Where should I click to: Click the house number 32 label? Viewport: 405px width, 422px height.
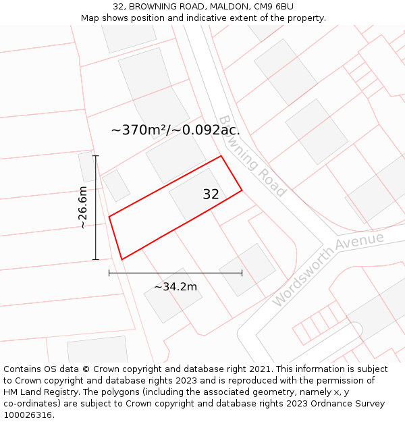[x=211, y=194]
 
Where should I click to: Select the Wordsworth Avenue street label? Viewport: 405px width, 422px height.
[x=328, y=269]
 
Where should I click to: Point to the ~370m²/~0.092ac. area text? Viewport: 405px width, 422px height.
[x=175, y=130]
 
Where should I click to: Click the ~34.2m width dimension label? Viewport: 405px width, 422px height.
[x=175, y=287]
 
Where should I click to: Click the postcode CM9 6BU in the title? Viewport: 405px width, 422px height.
[x=274, y=7]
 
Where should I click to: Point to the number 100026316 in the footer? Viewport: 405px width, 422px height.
[x=28, y=415]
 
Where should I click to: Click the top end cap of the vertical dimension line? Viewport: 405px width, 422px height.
[x=96, y=156]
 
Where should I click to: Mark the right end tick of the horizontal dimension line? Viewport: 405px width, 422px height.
[x=242, y=273]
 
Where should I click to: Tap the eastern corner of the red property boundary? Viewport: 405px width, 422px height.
[x=242, y=190]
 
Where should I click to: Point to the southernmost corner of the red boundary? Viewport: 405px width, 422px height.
[x=122, y=259]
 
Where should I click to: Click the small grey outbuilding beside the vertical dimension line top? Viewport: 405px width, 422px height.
[x=87, y=167]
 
